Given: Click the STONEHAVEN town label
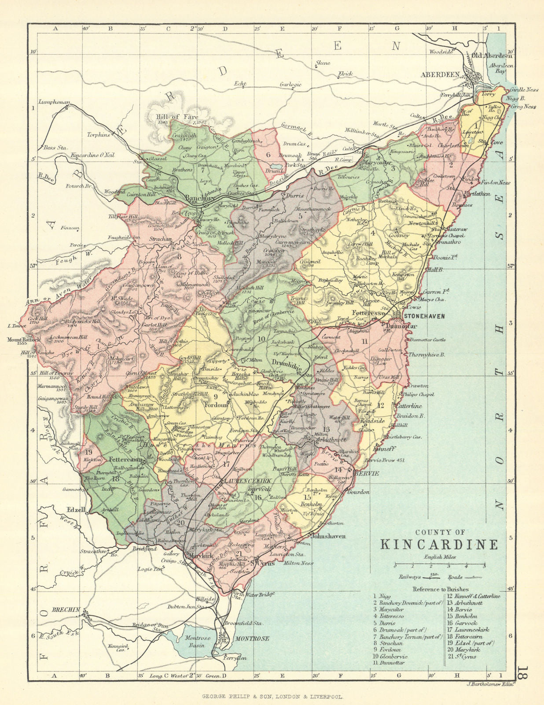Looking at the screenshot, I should coord(424,316).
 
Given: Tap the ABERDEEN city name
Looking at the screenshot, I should coord(440,75).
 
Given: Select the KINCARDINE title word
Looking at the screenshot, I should coord(439,544).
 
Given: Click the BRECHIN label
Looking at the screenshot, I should coord(66,610).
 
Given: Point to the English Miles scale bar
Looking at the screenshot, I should coord(440,564).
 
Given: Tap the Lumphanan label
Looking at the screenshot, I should coord(54,102).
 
